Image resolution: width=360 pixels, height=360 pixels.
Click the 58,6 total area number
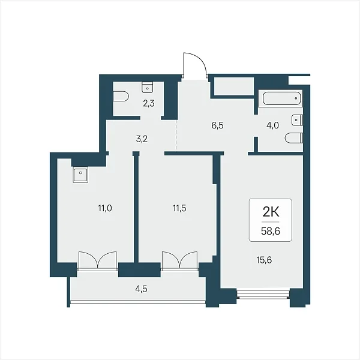coord(271,231)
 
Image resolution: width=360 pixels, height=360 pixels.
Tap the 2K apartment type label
coord(271,213)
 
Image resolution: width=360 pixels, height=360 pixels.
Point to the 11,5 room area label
coord(179,208)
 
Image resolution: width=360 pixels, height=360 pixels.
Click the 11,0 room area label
coord(105,208)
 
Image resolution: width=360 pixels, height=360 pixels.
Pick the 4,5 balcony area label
coord(141,289)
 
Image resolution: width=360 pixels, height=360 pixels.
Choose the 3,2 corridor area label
coord(142,139)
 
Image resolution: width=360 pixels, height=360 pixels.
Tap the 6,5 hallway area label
coord(218,125)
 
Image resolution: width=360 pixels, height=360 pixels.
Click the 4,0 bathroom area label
coord(273,125)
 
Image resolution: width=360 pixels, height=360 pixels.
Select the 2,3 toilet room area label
coord(149,104)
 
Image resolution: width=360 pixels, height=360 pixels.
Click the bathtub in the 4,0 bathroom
coord(281,98)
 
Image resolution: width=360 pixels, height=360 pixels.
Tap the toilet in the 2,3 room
coord(121,97)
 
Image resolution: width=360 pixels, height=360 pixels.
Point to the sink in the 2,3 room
coord(148,87)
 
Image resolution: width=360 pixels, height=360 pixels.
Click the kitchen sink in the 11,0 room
coord(80,175)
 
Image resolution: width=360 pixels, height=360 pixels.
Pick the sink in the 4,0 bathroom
coord(296,120)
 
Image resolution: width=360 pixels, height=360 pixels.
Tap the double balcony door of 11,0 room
coord(98,260)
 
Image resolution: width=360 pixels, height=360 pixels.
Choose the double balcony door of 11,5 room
coord(180,260)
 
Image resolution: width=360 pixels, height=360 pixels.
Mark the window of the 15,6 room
coord(263,294)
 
